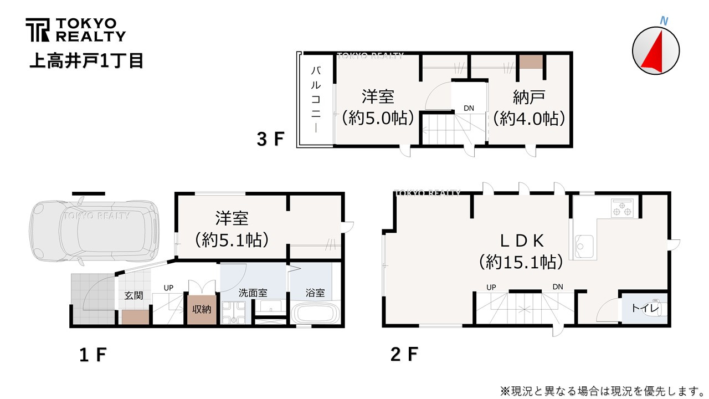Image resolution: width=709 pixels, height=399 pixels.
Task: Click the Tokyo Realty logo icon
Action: point(38,30)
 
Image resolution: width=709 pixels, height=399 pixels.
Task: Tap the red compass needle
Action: point(654,53)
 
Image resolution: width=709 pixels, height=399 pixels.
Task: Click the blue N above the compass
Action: point(664,21)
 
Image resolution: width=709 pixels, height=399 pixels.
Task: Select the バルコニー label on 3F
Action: point(316,99)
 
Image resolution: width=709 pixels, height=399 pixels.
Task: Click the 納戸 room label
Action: point(529,97)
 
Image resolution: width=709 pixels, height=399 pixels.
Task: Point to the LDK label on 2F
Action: point(522,241)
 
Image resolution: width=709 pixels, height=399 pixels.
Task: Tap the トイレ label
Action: point(645,308)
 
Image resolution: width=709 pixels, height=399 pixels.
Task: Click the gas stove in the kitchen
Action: point(622,208)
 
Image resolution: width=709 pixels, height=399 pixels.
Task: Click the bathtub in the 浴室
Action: point(315,313)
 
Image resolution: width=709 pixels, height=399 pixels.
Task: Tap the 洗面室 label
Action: point(253,293)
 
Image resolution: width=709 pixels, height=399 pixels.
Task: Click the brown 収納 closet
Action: point(202,309)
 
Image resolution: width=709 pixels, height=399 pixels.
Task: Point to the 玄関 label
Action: point(133,295)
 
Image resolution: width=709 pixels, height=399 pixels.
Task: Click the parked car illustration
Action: point(94,231)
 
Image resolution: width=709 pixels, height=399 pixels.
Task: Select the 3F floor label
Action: point(271,139)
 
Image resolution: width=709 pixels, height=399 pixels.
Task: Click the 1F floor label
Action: point(93,355)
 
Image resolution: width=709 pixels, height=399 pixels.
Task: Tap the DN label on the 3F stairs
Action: point(469,108)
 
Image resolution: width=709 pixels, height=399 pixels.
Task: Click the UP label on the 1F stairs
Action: point(168,288)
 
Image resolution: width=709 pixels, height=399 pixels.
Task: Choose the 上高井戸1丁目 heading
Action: point(86,60)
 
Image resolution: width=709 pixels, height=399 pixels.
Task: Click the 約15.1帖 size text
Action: point(521,262)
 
